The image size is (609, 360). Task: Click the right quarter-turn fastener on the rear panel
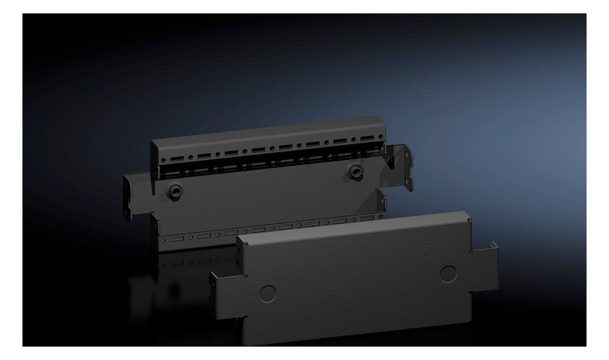tap(356, 170)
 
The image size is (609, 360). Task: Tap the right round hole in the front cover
tap(448, 273)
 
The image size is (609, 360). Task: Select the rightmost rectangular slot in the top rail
tap(367, 138)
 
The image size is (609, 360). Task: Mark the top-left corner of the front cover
tap(240, 240)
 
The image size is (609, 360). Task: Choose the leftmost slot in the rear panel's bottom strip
tap(177, 238)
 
